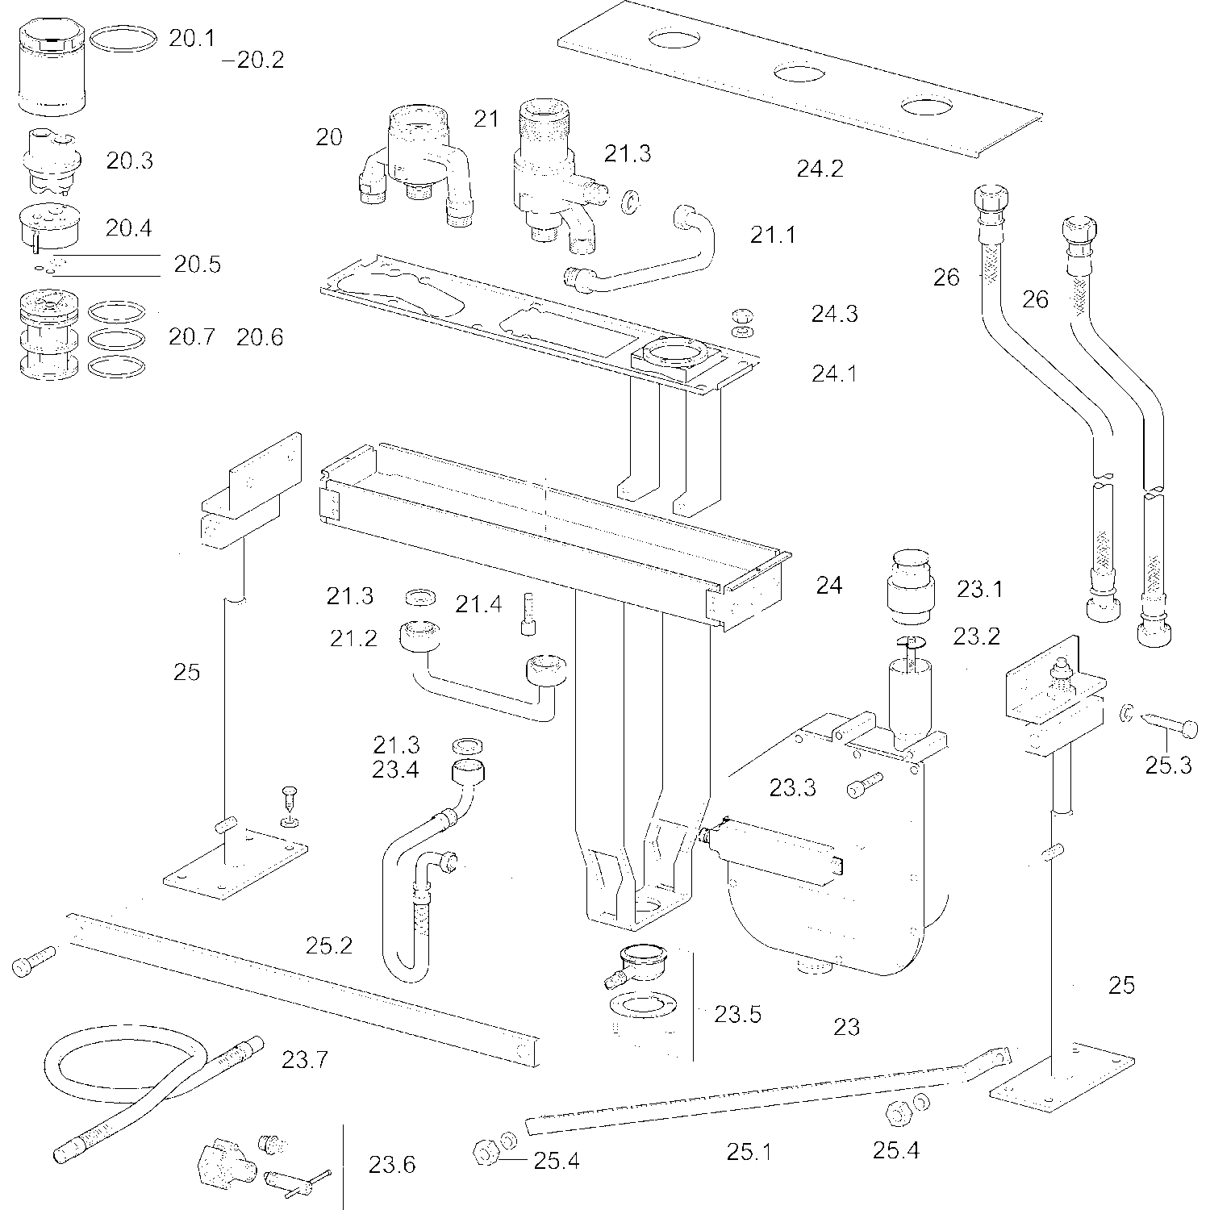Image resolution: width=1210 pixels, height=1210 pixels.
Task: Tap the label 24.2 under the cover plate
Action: [x=820, y=169]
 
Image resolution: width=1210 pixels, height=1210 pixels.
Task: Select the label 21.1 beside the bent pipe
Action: [x=773, y=235]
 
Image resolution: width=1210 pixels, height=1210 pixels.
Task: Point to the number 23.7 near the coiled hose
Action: [x=305, y=1058]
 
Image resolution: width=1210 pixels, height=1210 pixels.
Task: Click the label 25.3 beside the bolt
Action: [x=1168, y=766]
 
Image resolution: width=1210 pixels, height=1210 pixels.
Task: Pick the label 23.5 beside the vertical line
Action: [x=737, y=1014]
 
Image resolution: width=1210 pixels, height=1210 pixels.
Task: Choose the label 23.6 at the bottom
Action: [x=392, y=1165]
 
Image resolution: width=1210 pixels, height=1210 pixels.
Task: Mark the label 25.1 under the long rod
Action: [x=749, y=1152]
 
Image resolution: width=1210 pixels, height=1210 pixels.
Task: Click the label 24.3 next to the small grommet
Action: [x=834, y=314]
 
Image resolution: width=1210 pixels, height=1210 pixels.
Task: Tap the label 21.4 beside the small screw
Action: [x=478, y=603]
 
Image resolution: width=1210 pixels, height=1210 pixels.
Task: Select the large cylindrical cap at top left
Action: [x=50, y=70]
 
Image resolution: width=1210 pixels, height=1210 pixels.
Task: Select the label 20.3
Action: [x=129, y=161]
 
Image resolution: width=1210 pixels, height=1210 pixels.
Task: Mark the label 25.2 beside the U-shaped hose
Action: [x=328, y=945]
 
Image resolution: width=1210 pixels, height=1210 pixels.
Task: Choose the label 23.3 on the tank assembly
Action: [x=792, y=787]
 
